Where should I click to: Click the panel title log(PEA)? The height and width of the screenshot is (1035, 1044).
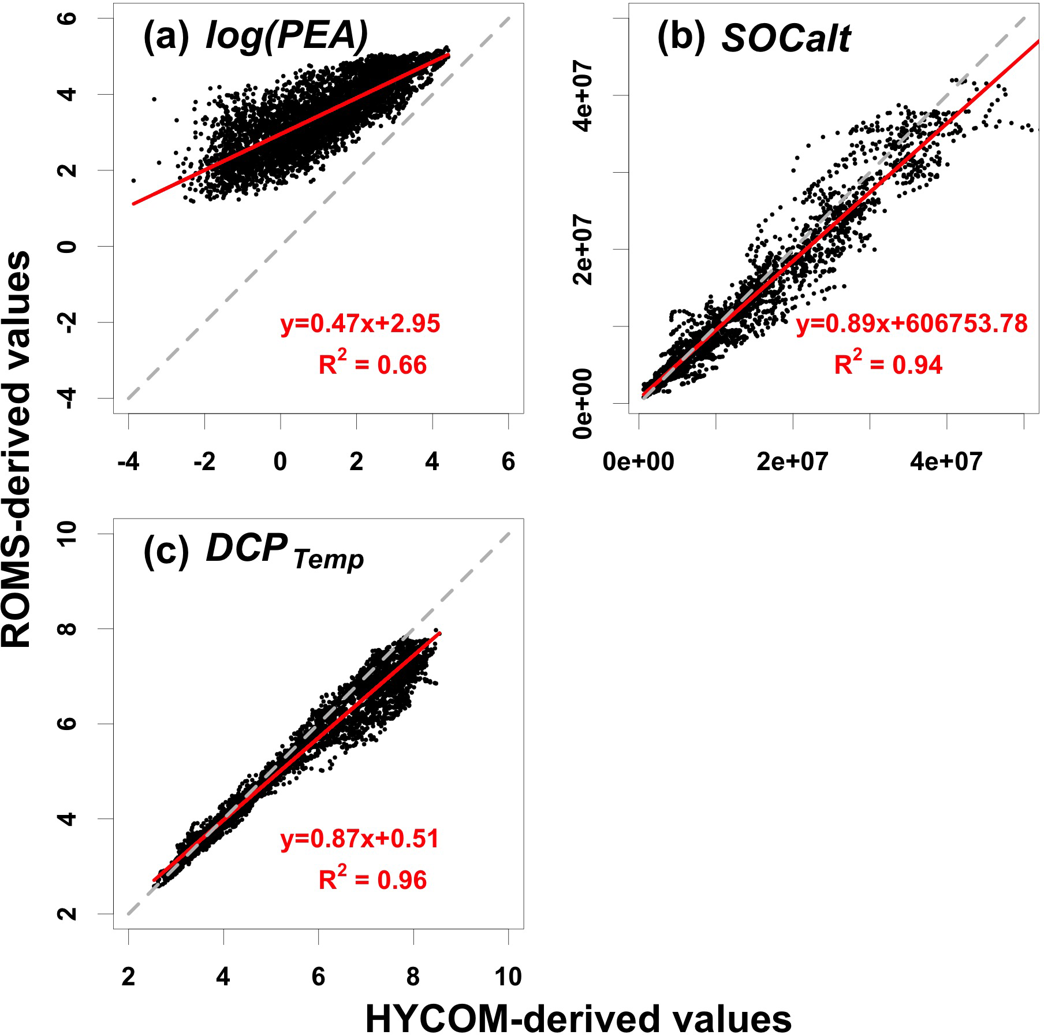(286, 37)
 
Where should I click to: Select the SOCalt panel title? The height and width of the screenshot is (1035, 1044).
(786, 39)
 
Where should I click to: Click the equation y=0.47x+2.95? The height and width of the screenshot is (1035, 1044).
(360, 323)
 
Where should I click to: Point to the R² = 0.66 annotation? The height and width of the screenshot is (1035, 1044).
(372, 364)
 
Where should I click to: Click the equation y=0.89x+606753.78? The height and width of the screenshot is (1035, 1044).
(912, 323)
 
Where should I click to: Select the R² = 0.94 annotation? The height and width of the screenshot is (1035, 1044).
(888, 364)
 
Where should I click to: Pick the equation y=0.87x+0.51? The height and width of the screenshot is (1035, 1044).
(360, 839)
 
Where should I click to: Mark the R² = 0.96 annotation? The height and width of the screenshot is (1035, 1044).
(372, 880)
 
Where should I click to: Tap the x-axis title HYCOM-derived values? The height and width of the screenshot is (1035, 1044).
(579, 1018)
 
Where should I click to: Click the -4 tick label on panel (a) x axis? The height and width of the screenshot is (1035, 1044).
(128, 462)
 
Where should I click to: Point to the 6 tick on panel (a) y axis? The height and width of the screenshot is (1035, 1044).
(68, 18)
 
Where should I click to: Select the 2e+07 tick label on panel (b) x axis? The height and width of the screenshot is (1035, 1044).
(792, 462)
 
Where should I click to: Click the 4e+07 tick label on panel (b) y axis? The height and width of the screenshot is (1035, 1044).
(583, 96)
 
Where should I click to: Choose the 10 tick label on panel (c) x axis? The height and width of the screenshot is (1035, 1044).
(508, 977)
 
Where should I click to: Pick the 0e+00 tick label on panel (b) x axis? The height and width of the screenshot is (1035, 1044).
(638, 462)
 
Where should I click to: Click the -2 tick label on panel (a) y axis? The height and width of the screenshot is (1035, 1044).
(68, 322)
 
